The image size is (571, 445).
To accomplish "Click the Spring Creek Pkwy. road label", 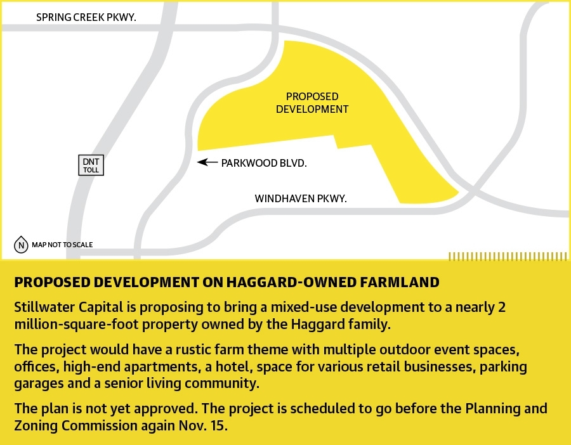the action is (86, 17).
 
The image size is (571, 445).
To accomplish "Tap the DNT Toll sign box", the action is (91, 165).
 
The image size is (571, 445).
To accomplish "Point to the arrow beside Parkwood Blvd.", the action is (207, 162).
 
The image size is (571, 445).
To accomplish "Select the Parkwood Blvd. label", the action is (264, 163).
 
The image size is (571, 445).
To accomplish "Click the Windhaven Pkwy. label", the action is (301, 198).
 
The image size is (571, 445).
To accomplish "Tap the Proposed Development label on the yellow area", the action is (312, 103).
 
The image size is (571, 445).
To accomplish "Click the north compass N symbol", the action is (21, 245).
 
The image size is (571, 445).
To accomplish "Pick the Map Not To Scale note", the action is (62, 245).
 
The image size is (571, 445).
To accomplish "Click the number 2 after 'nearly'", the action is (502, 307).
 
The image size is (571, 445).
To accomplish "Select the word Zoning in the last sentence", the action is (36, 426).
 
